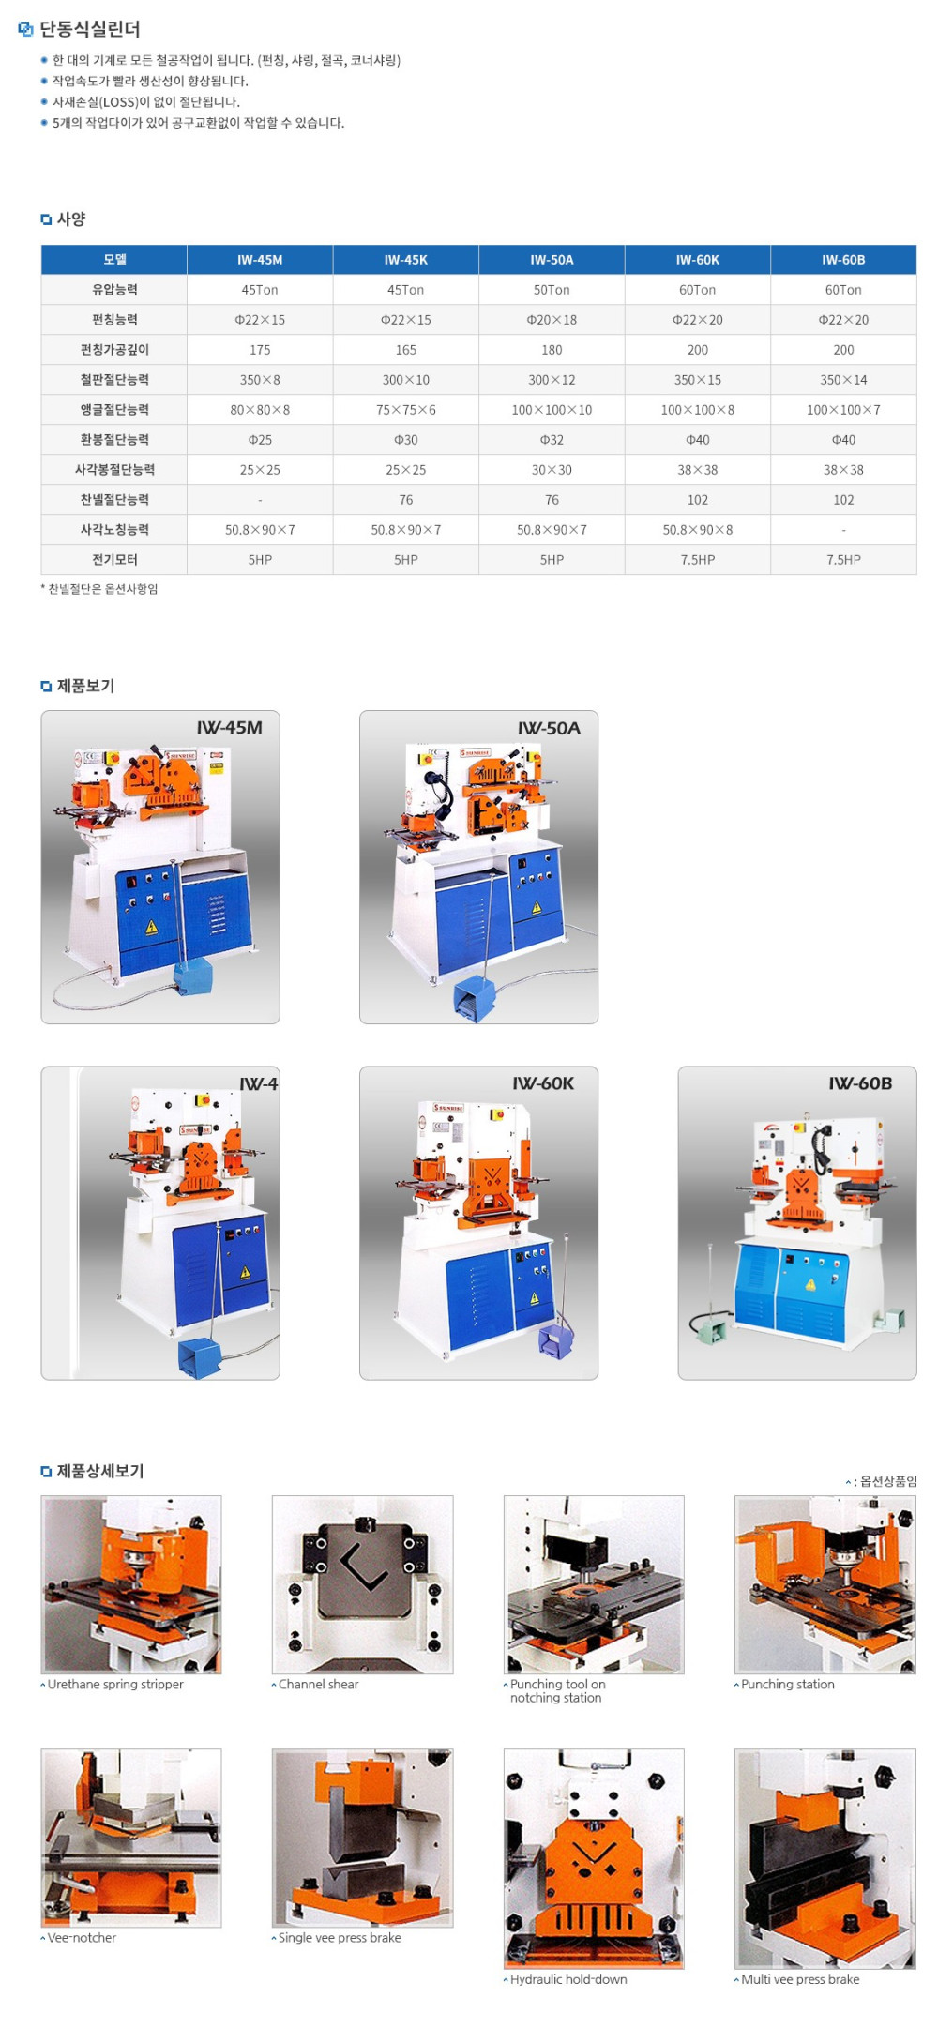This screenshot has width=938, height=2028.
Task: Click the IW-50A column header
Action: [552, 260]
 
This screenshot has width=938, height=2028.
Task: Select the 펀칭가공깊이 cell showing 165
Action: [406, 350]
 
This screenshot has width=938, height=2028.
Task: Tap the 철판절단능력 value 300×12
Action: [552, 380]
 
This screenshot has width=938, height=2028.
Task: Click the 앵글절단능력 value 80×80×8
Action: [260, 410]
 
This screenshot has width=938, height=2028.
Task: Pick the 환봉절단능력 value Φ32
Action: [552, 440]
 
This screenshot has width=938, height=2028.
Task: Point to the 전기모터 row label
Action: [114, 560]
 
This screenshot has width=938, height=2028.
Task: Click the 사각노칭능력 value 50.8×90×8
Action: [698, 530]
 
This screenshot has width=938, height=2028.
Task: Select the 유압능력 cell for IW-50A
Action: [552, 290]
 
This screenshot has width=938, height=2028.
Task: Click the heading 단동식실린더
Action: [90, 29]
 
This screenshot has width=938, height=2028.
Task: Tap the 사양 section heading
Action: [71, 219]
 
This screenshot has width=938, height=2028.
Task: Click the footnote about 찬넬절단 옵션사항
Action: [99, 589]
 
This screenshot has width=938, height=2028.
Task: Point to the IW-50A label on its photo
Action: [549, 728]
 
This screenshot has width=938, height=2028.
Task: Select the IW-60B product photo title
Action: [860, 1083]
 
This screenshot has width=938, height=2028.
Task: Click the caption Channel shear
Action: [318, 1684]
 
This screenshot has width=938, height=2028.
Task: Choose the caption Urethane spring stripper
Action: [115, 1684]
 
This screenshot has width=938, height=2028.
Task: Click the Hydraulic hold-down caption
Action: [568, 1979]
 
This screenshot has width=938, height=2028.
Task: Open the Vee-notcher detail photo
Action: [131, 1838]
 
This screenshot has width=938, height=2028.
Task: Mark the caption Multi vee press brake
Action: [800, 1979]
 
